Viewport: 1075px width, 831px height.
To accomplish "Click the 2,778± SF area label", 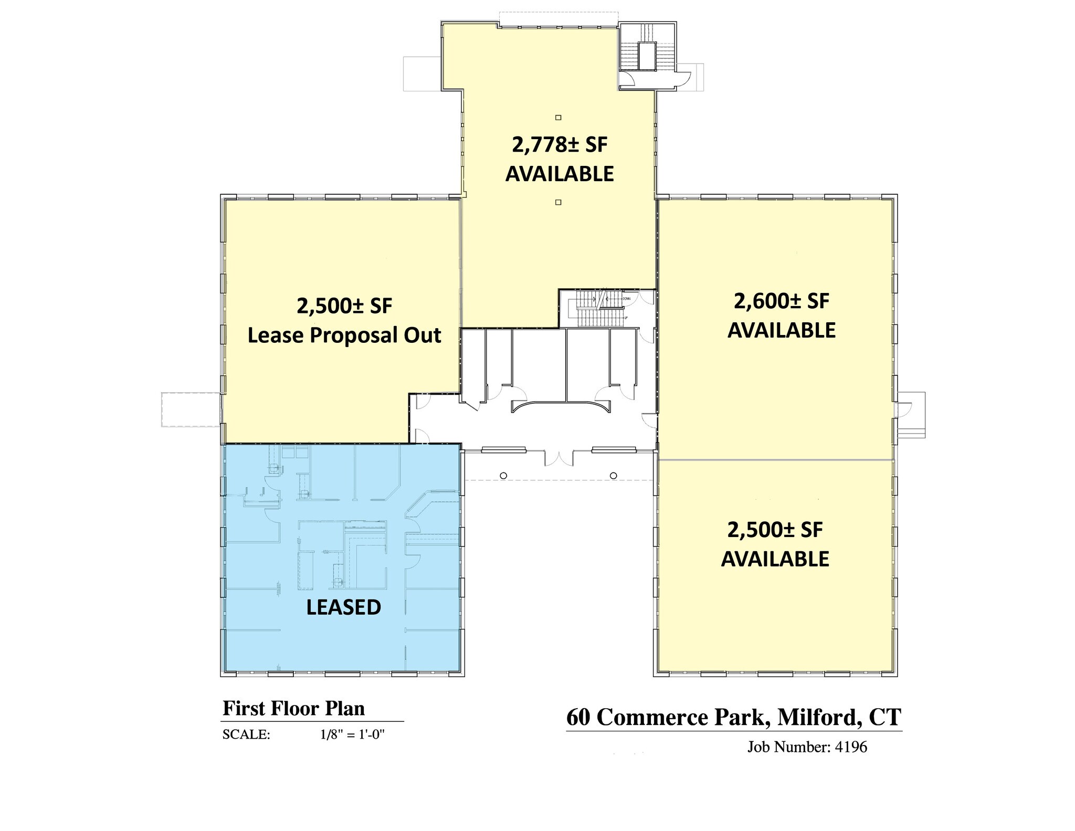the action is (x=560, y=145).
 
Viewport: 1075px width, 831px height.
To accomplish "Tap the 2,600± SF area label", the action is (x=781, y=301).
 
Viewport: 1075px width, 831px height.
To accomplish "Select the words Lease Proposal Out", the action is (x=344, y=335).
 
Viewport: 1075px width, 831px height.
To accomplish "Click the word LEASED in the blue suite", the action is (x=344, y=607).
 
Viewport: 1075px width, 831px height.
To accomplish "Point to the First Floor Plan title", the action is (x=293, y=708).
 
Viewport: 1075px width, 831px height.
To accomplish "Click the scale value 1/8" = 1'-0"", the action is (x=353, y=734).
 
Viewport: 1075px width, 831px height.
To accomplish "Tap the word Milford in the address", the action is (x=819, y=718).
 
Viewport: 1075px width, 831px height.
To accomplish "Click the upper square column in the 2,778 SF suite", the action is (x=558, y=118).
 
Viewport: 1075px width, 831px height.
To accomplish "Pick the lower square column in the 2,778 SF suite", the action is (x=558, y=202).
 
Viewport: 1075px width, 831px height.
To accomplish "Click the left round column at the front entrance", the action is (x=503, y=476).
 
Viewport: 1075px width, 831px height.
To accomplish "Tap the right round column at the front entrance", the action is (x=613, y=476).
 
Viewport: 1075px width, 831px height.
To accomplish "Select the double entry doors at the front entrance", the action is (x=558, y=458).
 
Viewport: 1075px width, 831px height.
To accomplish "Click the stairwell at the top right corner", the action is (x=646, y=55).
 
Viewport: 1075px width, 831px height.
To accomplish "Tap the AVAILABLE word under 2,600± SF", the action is (x=781, y=330).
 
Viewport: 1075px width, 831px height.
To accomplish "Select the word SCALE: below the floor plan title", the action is (x=246, y=734).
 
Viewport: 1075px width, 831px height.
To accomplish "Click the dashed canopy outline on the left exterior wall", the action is (x=191, y=409).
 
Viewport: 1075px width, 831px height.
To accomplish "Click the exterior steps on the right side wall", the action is (x=911, y=415).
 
